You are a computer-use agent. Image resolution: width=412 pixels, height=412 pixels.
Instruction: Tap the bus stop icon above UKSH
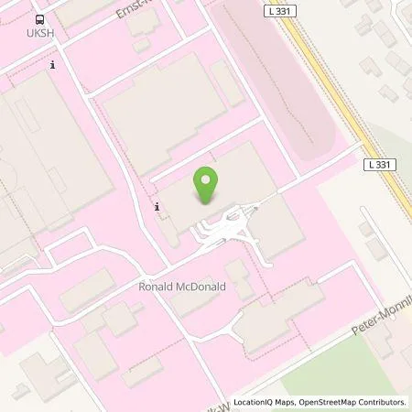click(39, 18)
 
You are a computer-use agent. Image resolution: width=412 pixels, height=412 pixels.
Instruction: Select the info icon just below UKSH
click(54, 65)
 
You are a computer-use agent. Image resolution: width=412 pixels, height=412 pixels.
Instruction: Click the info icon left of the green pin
click(157, 207)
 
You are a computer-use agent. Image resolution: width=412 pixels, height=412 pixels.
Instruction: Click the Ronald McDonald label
click(181, 287)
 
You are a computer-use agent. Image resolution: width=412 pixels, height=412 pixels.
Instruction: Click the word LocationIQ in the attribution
click(256, 402)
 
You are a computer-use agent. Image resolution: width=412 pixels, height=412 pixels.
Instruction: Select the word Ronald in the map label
click(156, 287)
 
